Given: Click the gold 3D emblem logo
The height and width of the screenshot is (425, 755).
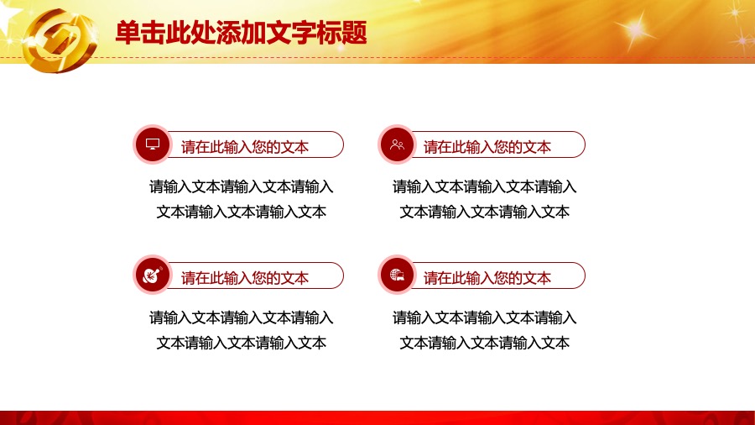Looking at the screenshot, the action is coord(60,40).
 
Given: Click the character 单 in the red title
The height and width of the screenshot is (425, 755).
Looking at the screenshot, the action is coord(128,33).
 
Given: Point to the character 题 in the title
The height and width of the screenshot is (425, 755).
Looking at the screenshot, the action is coord(355,33).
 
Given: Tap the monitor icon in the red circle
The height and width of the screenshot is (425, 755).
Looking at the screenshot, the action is coord(153,144).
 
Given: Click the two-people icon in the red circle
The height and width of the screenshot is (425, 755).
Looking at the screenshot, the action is coord(397,144).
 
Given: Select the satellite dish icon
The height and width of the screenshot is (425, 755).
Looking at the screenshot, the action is coord(153,275).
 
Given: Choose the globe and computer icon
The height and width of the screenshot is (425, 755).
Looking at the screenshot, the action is coord(397,275).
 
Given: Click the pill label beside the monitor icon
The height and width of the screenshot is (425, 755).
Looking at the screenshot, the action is coord(255,144).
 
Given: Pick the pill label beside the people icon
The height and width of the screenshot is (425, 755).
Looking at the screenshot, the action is coord(497,144).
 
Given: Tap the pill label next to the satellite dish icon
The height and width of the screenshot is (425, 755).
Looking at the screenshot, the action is coord(255,275).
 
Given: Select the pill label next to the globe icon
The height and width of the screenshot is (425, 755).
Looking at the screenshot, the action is coord(497,275).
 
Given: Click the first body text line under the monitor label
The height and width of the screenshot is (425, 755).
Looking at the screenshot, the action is coord(242,186).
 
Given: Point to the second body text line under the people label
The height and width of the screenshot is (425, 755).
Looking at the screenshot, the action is coord(484,212).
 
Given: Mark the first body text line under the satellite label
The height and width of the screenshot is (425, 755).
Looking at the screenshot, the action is coord(242,317).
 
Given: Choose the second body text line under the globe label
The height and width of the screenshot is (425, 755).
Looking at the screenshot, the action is coord(484,343).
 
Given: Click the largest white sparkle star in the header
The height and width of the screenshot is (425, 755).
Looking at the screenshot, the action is coord(635,30).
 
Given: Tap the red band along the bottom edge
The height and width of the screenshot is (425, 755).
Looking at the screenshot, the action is coord(377,417).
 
